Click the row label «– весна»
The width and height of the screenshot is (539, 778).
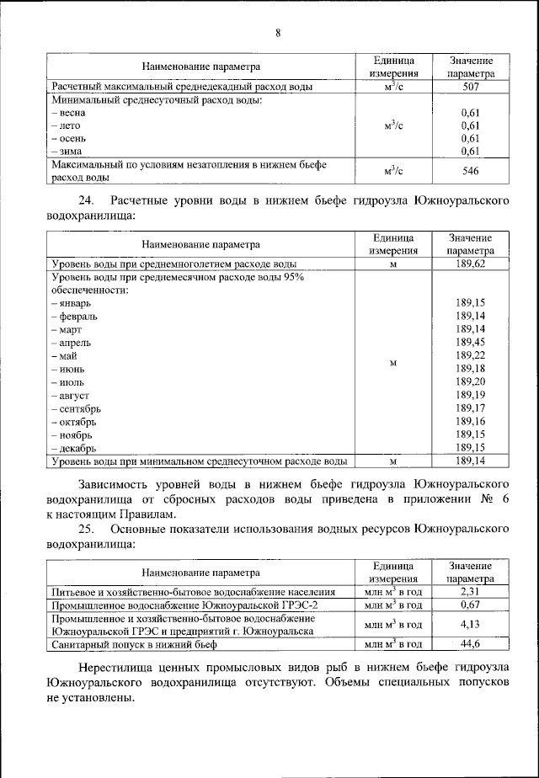(x=71, y=113)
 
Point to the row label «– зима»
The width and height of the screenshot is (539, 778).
(x=68, y=151)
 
